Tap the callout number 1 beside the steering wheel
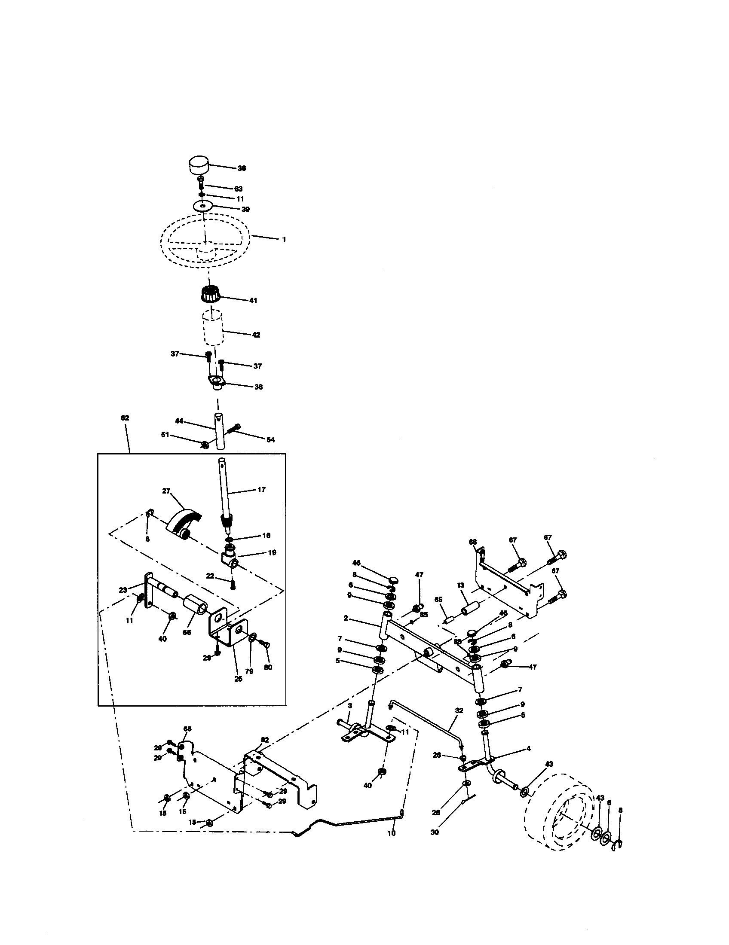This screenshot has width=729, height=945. point(284,239)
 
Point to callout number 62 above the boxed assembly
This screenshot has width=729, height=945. point(125,418)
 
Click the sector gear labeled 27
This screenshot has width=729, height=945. point(184,521)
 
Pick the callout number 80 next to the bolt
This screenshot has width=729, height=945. point(268,667)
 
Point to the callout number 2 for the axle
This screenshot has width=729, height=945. point(346,618)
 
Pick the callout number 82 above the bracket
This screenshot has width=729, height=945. point(265,740)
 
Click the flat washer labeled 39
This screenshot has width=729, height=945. point(203,206)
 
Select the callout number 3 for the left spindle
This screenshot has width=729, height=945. point(350,705)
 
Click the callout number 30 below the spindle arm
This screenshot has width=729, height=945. point(435,832)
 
